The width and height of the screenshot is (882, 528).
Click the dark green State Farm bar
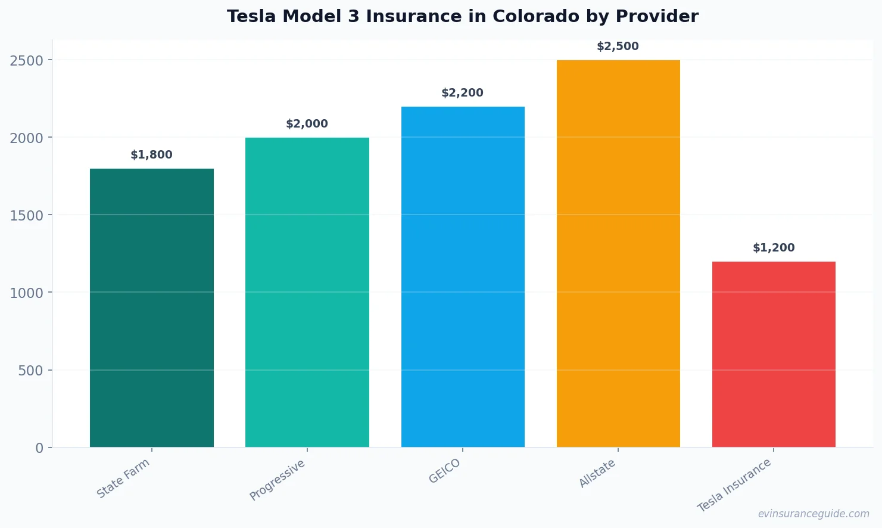pos(151,308)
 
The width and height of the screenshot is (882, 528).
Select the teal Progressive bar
pos(307,292)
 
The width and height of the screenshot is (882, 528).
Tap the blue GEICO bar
pos(463,277)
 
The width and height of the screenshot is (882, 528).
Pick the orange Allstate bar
pos(618,253)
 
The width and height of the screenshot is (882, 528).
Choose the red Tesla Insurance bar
pos(774,354)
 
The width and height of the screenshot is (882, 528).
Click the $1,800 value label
pos(151,155)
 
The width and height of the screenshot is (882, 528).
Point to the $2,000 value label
pos(307,124)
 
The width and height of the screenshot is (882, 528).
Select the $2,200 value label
pos(462,93)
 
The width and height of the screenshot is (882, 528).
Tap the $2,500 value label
pos(618,46)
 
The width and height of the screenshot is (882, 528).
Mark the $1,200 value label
pos(774,248)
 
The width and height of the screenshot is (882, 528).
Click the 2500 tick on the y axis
pos(27,60)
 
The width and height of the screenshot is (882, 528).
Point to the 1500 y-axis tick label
pos(27,215)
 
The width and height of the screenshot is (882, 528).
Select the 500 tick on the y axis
pos(31,371)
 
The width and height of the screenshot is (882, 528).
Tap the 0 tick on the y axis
pos(39,448)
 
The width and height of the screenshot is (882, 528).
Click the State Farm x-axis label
pos(123,479)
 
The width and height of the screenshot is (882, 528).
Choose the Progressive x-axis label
pos(277,480)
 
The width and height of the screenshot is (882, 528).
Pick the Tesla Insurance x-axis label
pos(734,485)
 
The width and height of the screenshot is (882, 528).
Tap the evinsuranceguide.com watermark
pos(814,514)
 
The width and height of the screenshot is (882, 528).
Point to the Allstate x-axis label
pos(597,473)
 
